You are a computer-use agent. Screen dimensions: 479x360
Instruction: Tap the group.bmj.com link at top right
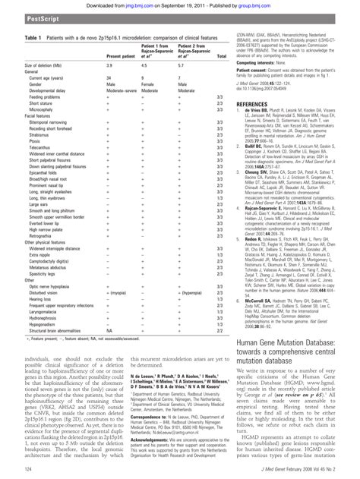pos(265,4)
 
